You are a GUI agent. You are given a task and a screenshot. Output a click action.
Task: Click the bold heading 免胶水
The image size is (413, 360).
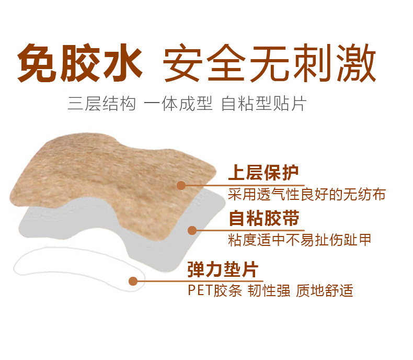[x=80, y=63]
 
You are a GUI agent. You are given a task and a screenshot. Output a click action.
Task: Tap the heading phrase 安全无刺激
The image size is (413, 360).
[x=270, y=63]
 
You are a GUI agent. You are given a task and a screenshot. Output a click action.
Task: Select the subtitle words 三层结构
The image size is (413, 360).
[x=101, y=103]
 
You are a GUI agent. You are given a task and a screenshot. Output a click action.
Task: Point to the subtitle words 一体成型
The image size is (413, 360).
[x=178, y=103]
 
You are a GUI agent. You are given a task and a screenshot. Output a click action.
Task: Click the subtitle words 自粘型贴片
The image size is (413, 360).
[x=264, y=103]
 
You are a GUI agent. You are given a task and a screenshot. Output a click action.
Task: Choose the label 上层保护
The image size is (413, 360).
[x=263, y=173]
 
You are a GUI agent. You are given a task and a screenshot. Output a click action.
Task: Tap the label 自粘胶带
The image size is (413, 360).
[x=264, y=218]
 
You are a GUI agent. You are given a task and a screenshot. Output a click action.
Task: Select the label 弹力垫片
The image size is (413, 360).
[x=223, y=269]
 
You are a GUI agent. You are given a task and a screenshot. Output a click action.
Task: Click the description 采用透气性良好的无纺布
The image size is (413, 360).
[x=307, y=195]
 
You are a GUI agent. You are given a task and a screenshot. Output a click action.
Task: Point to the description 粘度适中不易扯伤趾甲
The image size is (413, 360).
[x=300, y=240]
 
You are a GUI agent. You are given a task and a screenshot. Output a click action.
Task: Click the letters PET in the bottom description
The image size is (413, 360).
[x=200, y=290]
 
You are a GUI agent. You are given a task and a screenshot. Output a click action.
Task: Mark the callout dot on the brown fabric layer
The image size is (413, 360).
[x=181, y=186]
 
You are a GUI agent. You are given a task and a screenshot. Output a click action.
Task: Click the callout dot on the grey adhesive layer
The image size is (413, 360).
[x=192, y=230]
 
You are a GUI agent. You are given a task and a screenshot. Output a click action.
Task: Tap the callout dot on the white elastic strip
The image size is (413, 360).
[x=133, y=281]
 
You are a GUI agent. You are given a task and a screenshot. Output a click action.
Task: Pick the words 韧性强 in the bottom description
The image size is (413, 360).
[x=269, y=290]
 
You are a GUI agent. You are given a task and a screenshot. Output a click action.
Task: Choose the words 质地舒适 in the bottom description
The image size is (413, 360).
[x=325, y=290]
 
